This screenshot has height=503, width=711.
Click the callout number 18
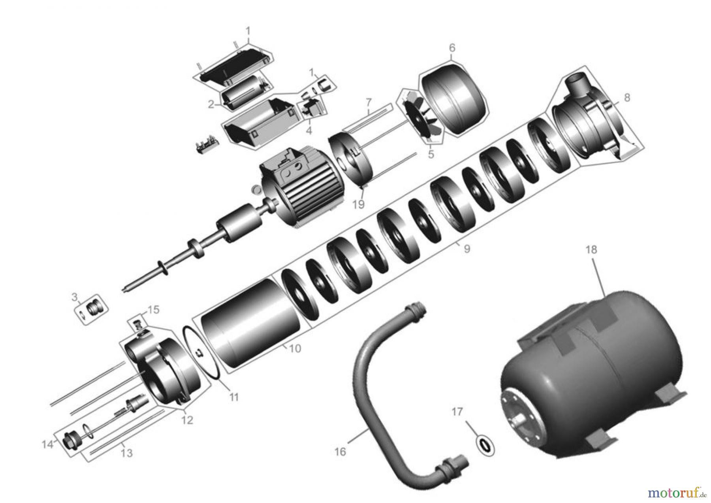coord(591,250)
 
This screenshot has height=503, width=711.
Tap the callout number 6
coord(452,48)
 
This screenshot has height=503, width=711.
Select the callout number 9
coord(467,249)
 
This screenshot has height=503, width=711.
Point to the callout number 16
coord(340,451)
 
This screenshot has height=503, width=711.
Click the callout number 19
coord(358,204)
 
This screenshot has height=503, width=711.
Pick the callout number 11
coord(234,397)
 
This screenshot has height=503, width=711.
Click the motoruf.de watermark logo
coord(677,493)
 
